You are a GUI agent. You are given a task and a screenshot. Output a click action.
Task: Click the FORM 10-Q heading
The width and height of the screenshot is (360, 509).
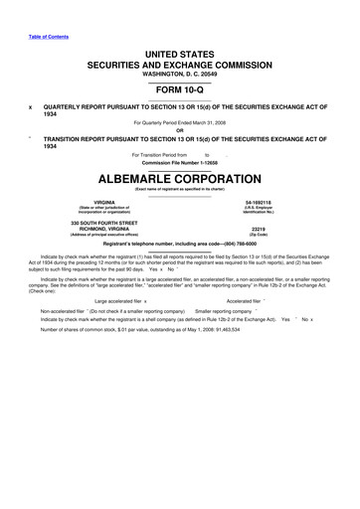pyautogui.click(x=179, y=86)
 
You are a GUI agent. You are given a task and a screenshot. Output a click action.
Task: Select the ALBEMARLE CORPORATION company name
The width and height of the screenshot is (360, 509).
pyautogui.click(x=180, y=181)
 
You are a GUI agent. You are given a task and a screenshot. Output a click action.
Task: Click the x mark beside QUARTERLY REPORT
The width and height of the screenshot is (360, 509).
pyautogui.click(x=31, y=107)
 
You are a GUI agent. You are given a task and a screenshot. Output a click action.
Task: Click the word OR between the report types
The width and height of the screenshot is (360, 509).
pyautogui.click(x=180, y=129)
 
